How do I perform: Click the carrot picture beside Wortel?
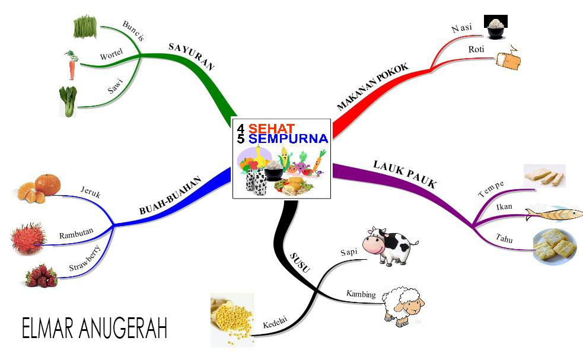(x=71, y=66)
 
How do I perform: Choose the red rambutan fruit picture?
(x=28, y=238)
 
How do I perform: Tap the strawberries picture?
(x=42, y=276)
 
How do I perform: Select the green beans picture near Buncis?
(x=85, y=26)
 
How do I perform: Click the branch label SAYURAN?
(x=191, y=56)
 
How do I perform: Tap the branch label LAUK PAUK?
(x=404, y=173)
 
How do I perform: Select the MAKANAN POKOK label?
(x=372, y=87)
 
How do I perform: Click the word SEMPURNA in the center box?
(x=288, y=139)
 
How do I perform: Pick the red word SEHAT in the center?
(x=272, y=128)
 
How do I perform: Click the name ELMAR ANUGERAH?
(x=94, y=328)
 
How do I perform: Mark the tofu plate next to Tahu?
(x=555, y=246)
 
